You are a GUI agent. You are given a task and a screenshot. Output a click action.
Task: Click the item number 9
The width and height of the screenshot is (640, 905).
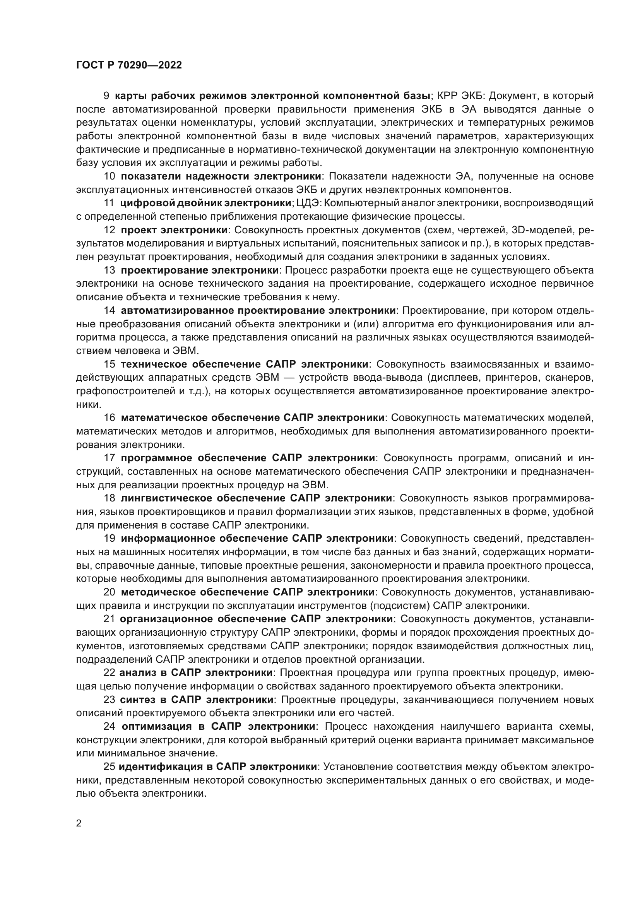click(106, 96)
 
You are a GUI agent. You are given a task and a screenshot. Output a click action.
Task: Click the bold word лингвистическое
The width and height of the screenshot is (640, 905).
click(164, 498)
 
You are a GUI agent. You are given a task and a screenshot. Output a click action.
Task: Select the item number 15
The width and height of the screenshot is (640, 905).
click(109, 364)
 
